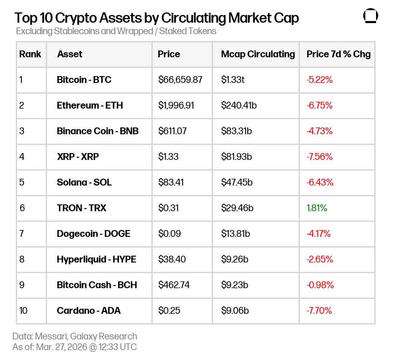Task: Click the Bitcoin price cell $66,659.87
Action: coord(180,80)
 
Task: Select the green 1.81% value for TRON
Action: coord(317,208)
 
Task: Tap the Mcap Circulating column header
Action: coord(258,54)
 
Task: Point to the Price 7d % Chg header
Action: coord(338,54)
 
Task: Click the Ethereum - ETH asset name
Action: coord(89,105)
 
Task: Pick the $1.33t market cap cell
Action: coord(233,80)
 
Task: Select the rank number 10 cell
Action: coord(24,310)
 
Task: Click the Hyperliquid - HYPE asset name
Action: coord(96,259)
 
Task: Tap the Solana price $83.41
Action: coord(171,182)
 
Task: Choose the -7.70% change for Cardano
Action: coord(319,310)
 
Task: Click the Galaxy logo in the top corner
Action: coord(370,16)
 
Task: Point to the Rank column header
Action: coord(30,54)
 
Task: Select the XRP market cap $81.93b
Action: coord(236,156)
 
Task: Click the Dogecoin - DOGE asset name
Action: coord(93,233)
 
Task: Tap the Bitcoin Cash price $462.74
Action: coord(174,285)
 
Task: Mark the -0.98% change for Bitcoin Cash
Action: coord(320,285)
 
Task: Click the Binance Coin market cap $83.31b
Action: coord(236,131)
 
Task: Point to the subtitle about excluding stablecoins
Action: coord(116,31)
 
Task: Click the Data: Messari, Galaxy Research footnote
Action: coord(75,336)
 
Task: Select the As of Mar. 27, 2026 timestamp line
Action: coord(74,347)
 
